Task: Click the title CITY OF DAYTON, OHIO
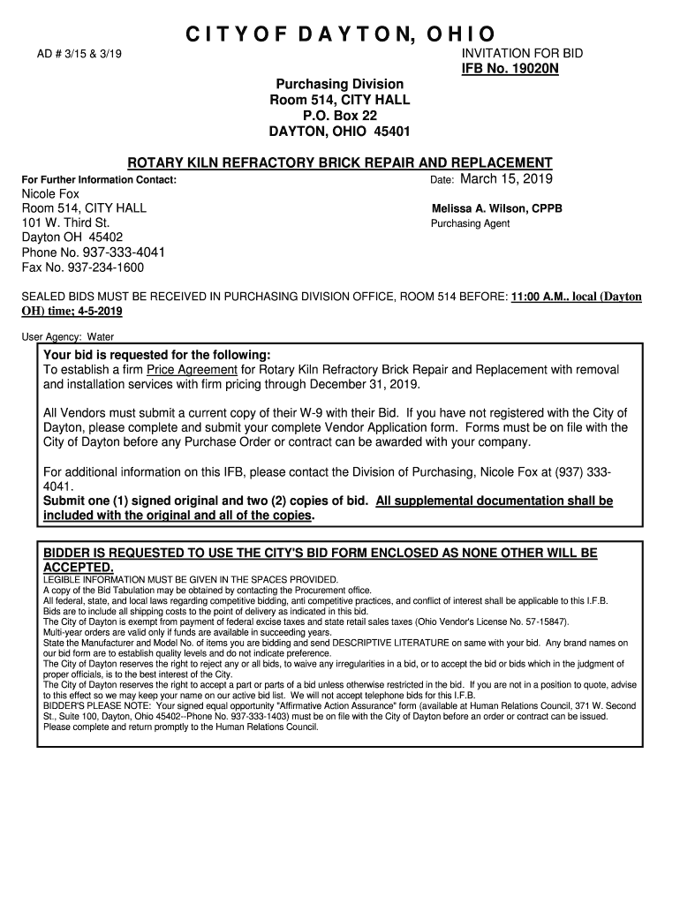[x=340, y=35]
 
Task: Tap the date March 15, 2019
[x=506, y=179]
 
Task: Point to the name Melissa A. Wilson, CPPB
[x=496, y=209]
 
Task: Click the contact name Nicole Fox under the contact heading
[x=50, y=193]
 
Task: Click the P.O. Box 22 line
[x=340, y=116]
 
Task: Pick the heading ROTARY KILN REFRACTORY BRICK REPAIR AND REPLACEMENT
[x=340, y=163]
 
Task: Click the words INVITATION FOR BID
[x=523, y=54]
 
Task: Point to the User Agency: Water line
[x=67, y=336]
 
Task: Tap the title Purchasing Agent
[x=470, y=224]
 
